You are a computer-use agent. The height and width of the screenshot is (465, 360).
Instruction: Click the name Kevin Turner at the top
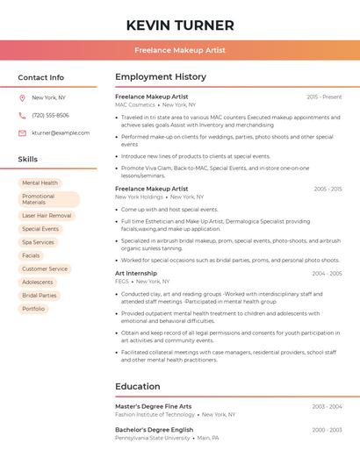[180, 25]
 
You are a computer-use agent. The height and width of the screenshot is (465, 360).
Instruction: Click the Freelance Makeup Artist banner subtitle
[180, 50]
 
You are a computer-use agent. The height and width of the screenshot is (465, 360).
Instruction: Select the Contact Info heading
[40, 77]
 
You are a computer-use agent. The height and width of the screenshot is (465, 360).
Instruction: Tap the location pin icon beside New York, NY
[22, 98]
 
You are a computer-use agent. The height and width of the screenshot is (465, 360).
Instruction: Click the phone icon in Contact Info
[22, 116]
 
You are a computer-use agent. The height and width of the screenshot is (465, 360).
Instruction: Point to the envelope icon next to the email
[22, 133]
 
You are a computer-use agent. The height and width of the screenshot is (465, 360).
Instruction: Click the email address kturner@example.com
[61, 133]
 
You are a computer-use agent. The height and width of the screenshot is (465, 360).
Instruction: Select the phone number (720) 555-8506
[50, 116]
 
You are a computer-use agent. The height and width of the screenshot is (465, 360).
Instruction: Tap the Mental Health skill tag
[40, 183]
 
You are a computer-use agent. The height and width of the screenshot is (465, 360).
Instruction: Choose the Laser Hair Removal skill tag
[47, 215]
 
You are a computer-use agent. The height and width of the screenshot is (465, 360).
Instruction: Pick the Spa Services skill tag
[38, 242]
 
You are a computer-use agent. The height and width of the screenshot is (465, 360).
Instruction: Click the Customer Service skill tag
[45, 268]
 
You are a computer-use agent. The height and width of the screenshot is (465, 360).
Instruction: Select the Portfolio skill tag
[33, 309]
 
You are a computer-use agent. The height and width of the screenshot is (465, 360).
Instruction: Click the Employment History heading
[161, 77]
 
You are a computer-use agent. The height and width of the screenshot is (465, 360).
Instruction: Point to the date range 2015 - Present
[324, 97]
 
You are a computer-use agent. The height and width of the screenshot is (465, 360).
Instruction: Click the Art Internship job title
[136, 274]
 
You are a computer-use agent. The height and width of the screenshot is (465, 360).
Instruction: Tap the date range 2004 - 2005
[327, 274]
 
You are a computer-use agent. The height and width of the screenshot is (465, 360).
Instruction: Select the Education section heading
[138, 386]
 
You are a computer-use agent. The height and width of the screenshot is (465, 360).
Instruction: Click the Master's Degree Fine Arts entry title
[153, 406]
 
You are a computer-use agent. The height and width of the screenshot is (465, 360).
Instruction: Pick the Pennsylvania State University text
[153, 437]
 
